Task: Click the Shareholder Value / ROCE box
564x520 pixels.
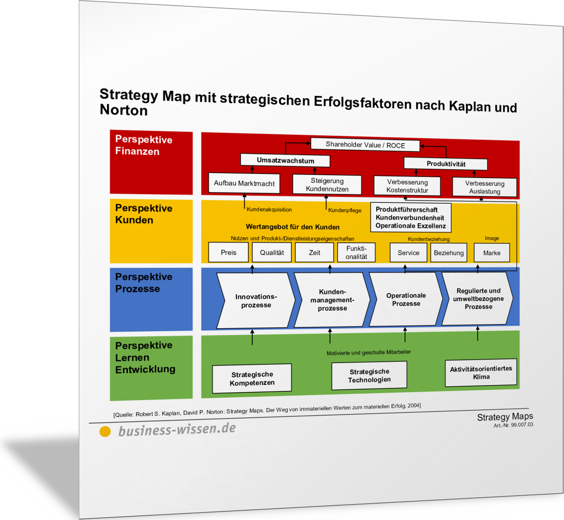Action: coord(365,145)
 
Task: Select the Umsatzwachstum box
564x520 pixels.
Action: coord(285,160)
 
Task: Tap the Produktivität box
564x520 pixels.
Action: coord(446,164)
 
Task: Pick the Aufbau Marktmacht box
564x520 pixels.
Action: coord(244,184)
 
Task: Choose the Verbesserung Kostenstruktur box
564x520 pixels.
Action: coord(407,186)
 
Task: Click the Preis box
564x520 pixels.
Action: coord(229,252)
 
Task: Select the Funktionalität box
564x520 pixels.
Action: coord(356,252)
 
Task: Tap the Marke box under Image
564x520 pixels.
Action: coord(491,253)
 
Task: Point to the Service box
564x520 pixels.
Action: coord(408,253)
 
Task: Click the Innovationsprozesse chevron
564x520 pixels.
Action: coord(256,300)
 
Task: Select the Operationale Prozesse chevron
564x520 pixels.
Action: coord(406,299)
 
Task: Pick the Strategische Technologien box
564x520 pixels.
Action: coord(369,375)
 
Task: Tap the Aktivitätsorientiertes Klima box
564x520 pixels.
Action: coord(481,373)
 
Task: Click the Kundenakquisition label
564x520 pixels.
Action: coord(269,210)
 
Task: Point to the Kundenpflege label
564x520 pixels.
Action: coord(344,210)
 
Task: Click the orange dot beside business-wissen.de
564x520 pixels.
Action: coord(105,432)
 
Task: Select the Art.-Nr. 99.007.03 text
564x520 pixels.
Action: coord(513,425)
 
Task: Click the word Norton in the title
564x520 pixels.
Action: coord(124,110)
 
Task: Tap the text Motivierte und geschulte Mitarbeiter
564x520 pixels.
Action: coord(369,352)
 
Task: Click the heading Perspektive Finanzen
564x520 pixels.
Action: coord(144,145)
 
